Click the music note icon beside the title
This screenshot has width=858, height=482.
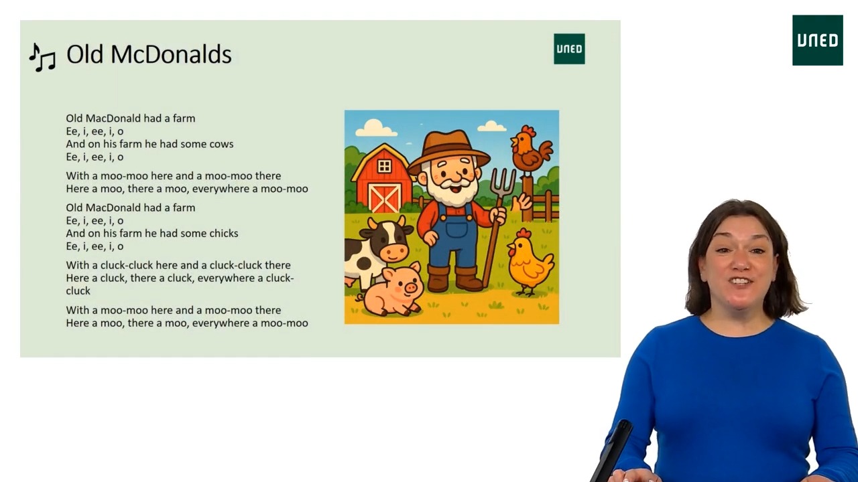(x=42, y=58)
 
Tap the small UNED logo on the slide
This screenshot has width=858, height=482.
(x=569, y=49)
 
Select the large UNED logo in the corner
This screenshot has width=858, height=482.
(x=817, y=40)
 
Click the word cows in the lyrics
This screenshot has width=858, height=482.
(x=222, y=144)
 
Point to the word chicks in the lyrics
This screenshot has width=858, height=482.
(x=224, y=234)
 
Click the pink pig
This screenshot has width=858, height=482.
(x=394, y=291)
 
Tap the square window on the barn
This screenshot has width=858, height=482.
(x=384, y=166)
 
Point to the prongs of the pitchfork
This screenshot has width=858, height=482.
(x=503, y=181)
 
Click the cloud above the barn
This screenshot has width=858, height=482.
(x=375, y=128)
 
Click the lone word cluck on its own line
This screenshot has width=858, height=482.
(x=78, y=291)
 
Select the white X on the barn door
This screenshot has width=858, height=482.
(x=385, y=199)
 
